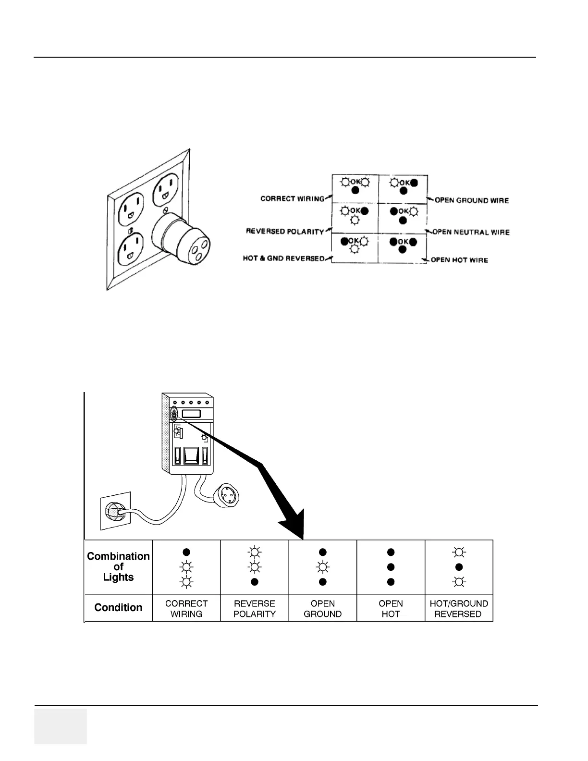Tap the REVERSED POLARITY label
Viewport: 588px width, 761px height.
[x=285, y=232]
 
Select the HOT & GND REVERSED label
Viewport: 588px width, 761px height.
[x=283, y=258]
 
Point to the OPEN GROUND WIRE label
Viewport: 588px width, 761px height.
[x=471, y=200]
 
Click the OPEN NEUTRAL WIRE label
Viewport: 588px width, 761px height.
[x=471, y=232]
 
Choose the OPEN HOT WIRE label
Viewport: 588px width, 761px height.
[x=459, y=260]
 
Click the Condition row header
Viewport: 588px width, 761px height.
[x=118, y=608]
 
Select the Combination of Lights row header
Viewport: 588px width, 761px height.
[x=118, y=567]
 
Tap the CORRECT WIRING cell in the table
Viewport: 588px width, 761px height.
[x=186, y=609]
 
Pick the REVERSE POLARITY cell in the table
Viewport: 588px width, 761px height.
[x=255, y=609]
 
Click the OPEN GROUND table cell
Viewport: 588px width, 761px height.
[x=323, y=609]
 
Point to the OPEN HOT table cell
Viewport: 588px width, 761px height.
[x=391, y=609]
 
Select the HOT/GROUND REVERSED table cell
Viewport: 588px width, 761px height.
[x=459, y=609]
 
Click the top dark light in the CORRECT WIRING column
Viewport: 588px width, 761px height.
[x=186, y=552]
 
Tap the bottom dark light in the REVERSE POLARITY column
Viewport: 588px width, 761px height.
[x=255, y=582]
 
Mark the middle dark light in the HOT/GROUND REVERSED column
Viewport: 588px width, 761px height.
[x=459, y=567]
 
